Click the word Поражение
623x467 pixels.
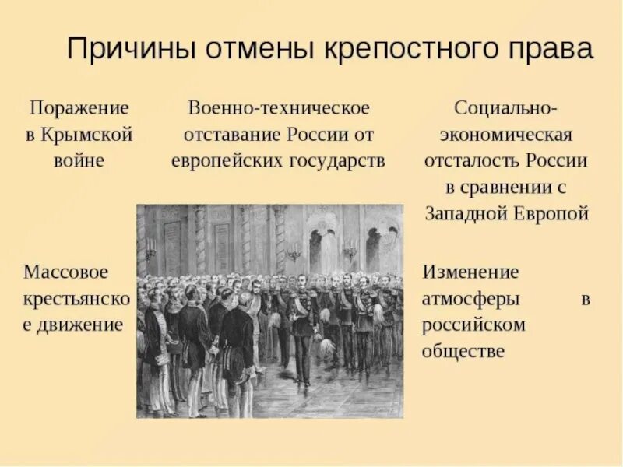point(79,107)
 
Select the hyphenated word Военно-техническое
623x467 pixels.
point(278,107)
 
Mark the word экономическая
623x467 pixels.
point(506,134)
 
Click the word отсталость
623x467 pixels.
point(473,161)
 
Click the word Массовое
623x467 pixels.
point(65,272)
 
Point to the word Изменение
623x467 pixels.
point(470,272)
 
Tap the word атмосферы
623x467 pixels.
point(471,298)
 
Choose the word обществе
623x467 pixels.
point(463,350)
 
